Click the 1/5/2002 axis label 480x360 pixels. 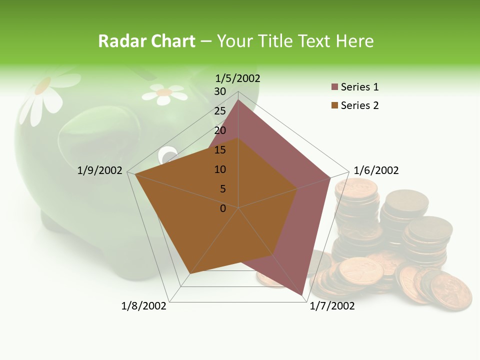237,78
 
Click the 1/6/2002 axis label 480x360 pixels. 376,170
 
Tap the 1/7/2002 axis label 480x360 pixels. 332,306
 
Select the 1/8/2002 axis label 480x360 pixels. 144,306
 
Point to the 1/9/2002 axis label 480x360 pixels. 99,170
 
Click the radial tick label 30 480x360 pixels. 220,91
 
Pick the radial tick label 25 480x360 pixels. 220,111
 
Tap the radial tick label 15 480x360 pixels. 220,150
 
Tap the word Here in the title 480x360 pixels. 355,41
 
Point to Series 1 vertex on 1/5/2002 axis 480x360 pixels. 238,99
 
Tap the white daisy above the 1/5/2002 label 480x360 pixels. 163,93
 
